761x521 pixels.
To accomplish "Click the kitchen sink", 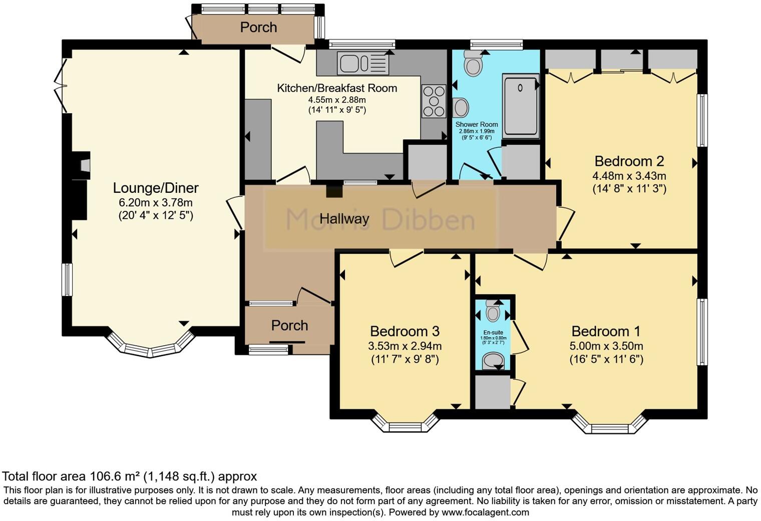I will point(363,64).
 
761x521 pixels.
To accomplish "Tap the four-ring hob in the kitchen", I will point(434,101).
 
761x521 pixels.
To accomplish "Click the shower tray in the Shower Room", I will point(521,105).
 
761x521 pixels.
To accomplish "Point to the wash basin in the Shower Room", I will point(461,107).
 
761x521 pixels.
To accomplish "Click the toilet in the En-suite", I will point(493,312).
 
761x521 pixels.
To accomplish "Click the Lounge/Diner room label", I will point(156,188).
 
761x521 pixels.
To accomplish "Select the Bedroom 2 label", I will point(629,161).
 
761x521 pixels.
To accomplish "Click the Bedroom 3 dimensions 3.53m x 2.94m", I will point(405,346).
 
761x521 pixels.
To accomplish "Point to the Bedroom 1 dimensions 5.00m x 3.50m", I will point(606,346).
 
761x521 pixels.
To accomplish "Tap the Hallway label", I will point(344,219).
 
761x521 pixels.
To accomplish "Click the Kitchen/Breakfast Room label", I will point(337,88).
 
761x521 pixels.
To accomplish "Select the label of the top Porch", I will point(258,28).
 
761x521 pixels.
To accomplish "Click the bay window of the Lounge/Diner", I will point(150,348).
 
